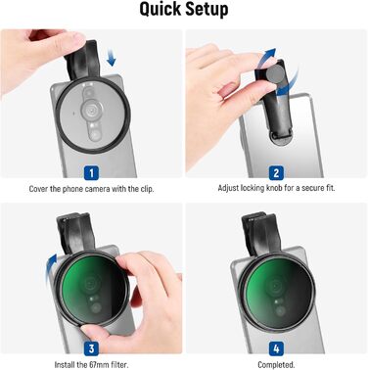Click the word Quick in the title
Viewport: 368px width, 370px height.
click(x=160, y=10)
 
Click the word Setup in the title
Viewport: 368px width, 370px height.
click(x=206, y=10)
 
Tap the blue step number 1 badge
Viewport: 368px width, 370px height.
click(x=91, y=173)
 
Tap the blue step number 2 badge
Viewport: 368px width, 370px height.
click(x=276, y=173)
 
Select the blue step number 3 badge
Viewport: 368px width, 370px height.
click(x=91, y=348)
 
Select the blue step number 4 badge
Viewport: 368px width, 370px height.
click(x=276, y=348)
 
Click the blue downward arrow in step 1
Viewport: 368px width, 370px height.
click(x=112, y=57)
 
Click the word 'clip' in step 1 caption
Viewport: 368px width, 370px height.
click(x=147, y=189)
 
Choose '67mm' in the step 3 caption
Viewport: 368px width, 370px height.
click(x=99, y=364)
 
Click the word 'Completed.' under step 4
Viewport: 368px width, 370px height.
click(x=276, y=364)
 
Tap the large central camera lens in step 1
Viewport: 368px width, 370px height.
click(x=91, y=109)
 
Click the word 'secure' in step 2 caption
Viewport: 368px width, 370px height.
click(x=312, y=188)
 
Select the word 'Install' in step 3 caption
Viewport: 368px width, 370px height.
click(x=65, y=364)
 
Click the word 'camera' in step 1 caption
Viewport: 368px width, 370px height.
click(x=98, y=189)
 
